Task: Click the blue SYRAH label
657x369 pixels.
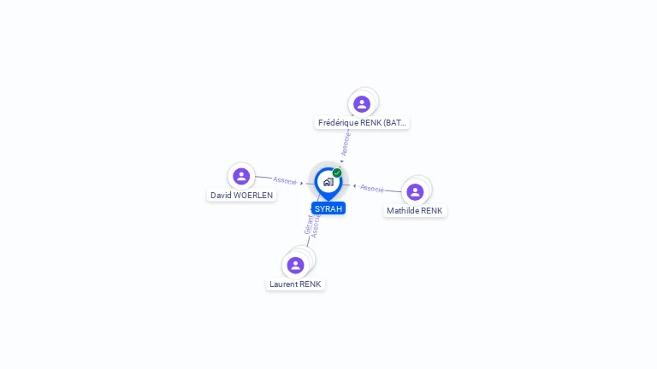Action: [x=328, y=208]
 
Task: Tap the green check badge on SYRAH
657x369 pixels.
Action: [x=337, y=173]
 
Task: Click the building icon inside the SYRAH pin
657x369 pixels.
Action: [x=328, y=182]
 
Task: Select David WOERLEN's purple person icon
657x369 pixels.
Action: [x=241, y=177]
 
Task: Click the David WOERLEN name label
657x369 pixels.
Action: [x=242, y=195]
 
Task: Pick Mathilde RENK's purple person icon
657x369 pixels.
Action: [x=415, y=192]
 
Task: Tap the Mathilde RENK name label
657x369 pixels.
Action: [x=415, y=210]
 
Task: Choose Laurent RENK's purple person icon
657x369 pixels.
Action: [x=296, y=265]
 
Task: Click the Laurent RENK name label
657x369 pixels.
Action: [x=295, y=284]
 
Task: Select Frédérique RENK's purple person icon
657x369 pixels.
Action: [x=362, y=104]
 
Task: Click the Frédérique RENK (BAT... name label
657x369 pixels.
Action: [x=362, y=123]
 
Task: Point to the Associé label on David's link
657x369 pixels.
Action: [x=285, y=180]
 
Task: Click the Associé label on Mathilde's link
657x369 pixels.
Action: [x=372, y=188]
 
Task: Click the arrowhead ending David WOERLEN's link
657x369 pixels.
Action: [x=302, y=183]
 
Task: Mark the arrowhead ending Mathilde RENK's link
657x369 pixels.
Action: [x=355, y=185]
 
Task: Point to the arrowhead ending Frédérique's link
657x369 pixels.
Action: [x=341, y=160]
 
